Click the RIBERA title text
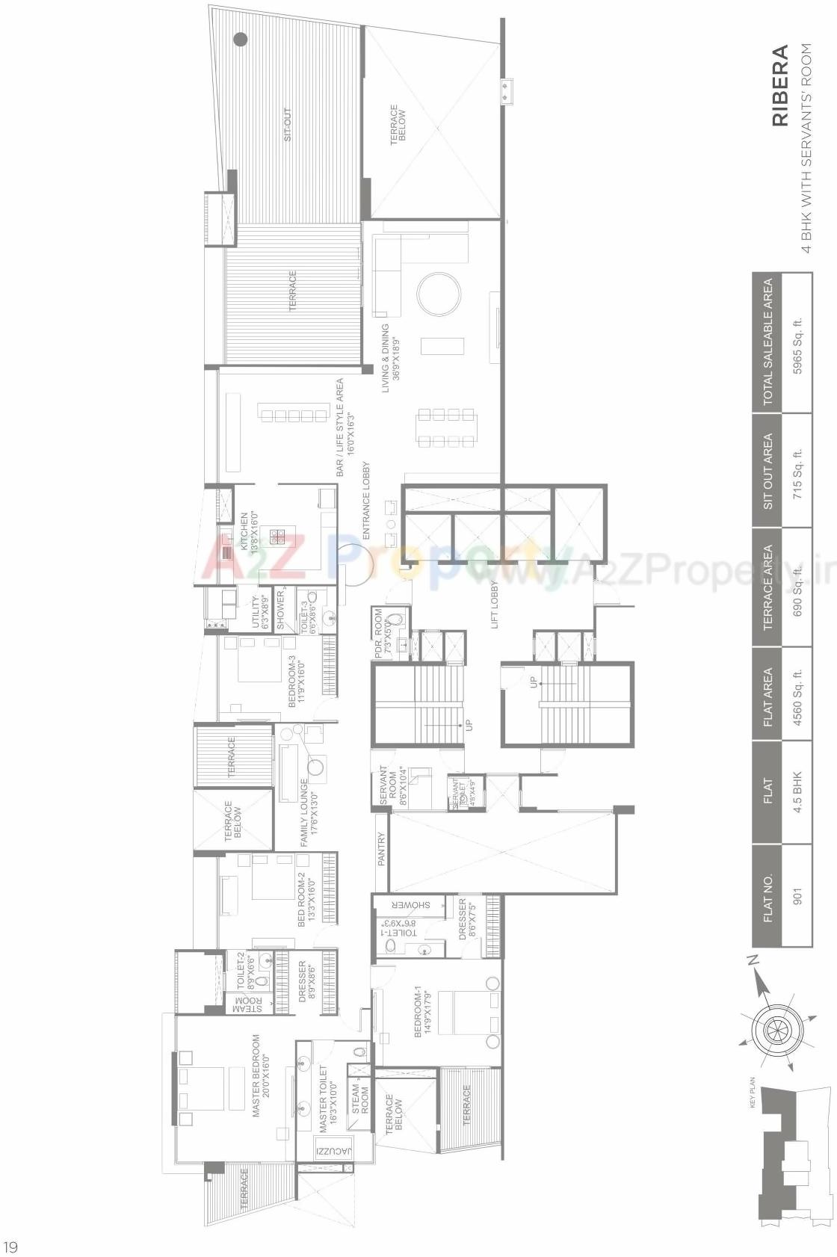click(779, 85)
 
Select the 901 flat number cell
click(797, 896)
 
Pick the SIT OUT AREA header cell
click(767, 471)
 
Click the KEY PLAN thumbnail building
click(785, 1158)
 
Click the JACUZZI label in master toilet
click(333, 1151)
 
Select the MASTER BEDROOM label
click(261, 1075)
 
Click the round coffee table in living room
click(439, 294)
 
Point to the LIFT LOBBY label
click(494, 605)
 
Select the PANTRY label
click(381, 849)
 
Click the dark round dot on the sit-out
click(240, 40)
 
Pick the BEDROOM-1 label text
click(423, 1011)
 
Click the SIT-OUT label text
click(288, 125)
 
